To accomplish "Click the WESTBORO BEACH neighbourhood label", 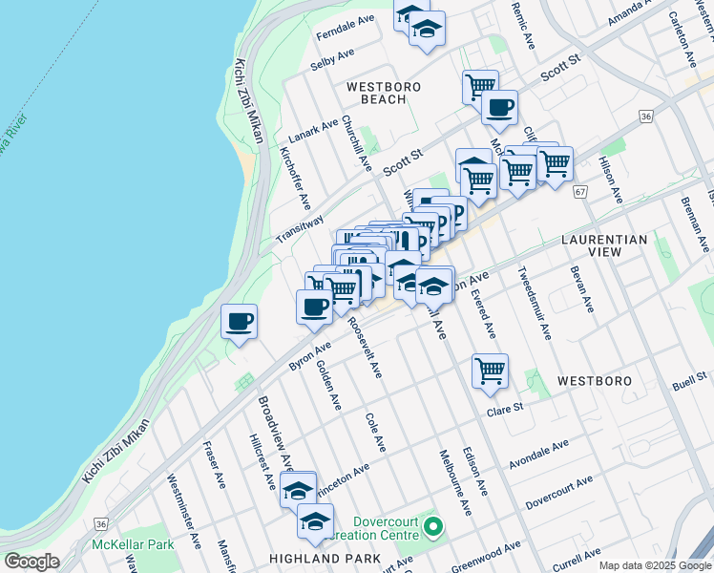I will point(383,93).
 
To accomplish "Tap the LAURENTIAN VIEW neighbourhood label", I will point(604,245).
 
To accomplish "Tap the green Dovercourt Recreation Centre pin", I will point(433,526).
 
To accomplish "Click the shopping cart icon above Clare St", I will point(490,371).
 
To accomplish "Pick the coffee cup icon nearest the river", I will point(239,321).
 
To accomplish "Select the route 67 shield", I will point(579,192).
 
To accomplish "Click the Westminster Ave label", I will point(184,512).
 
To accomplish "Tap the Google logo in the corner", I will point(31,562).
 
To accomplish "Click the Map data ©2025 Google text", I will point(656,565).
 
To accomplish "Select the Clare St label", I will point(506,408).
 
